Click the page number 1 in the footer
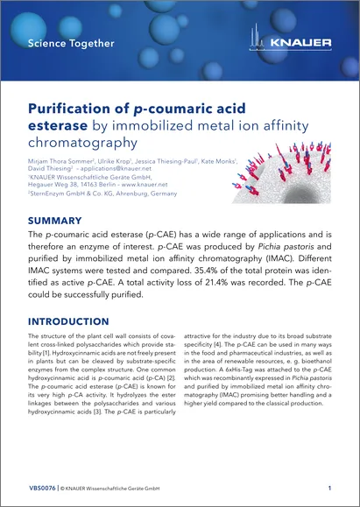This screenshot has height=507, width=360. tap(328, 487)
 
